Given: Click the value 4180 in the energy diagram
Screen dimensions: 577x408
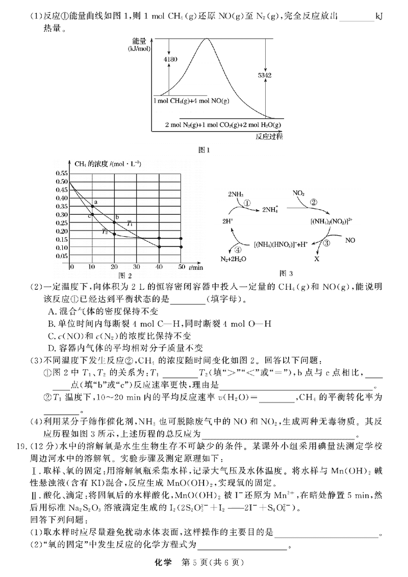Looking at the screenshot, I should click(170, 60).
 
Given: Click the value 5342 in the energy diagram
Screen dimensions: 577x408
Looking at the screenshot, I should click(265, 75).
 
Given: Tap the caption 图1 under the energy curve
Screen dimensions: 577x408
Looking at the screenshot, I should click(203, 150).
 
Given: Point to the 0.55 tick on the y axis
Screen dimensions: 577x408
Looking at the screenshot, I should click(61, 173).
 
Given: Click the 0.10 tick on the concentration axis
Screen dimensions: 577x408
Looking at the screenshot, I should click(61, 247).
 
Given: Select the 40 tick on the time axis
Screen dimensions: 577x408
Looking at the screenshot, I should click(159, 267).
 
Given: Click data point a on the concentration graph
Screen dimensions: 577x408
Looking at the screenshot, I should click(92, 206).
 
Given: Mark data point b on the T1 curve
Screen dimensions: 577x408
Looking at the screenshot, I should click(114, 222).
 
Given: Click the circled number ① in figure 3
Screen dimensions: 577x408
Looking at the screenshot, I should click(247, 203).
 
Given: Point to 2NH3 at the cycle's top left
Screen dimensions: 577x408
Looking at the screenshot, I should click(236, 194).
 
